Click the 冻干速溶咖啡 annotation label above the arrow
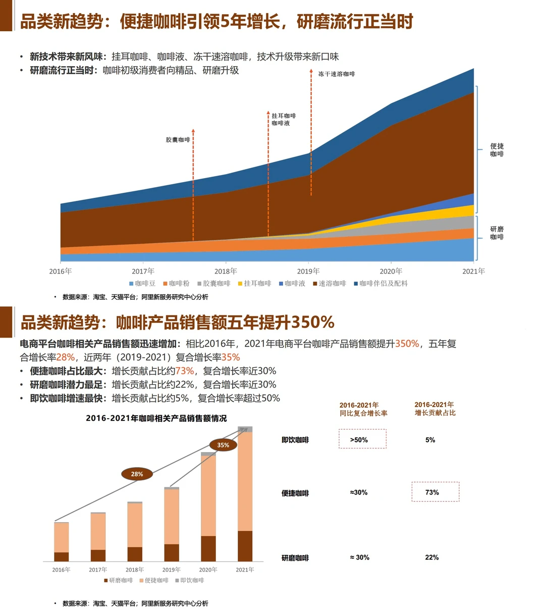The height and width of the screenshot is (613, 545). (x=337, y=74)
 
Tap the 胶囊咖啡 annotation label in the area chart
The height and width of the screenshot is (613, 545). (x=178, y=140)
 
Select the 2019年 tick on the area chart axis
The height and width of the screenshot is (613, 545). (x=308, y=271)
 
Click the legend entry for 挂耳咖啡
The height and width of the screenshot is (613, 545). (x=254, y=284)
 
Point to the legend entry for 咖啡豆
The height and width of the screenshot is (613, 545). (x=142, y=284)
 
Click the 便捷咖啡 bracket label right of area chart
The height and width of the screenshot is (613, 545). (x=497, y=150)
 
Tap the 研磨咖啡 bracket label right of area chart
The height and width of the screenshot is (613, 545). (x=497, y=233)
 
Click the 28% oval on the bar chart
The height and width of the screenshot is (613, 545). (x=137, y=474)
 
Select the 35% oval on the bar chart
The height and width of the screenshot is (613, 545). (x=223, y=445)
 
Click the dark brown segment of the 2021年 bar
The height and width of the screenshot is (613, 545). (x=245, y=546)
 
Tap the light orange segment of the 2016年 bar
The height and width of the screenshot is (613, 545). (x=62, y=537)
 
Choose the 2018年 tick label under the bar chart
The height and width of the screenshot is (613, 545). (x=135, y=570)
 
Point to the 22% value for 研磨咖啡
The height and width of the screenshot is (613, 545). (x=432, y=558)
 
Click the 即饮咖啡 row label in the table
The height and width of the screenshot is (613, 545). (x=295, y=440)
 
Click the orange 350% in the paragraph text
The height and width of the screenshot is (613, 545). (x=407, y=344)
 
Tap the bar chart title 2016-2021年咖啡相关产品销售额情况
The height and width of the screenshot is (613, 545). (x=156, y=418)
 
